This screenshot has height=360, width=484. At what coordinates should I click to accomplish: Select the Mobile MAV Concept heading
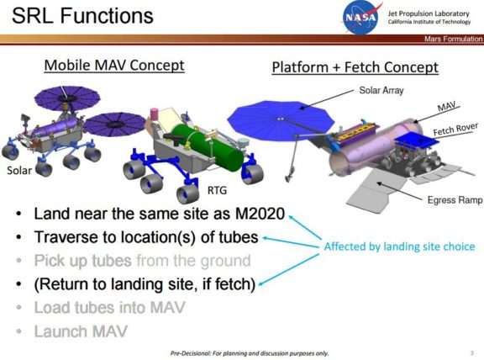114,65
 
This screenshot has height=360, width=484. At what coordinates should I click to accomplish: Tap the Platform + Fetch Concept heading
355,67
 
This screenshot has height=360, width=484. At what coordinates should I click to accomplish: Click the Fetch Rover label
454,132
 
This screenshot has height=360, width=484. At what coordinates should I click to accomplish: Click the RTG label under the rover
218,191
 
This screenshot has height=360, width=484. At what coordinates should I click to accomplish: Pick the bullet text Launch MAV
81,331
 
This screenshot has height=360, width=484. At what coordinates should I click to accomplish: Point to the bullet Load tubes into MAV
108,308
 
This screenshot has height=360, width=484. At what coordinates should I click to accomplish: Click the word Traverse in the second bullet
66,238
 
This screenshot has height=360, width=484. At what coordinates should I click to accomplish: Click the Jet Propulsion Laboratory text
428,10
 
